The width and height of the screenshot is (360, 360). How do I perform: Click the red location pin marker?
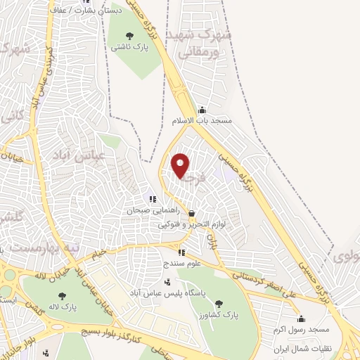click(x=181, y=165)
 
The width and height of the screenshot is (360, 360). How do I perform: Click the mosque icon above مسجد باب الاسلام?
click(x=202, y=110)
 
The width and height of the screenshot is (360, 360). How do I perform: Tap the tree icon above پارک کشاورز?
click(x=219, y=304)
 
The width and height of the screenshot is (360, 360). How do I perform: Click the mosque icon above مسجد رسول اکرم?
click(x=302, y=319)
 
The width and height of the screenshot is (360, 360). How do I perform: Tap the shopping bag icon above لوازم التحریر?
click(x=192, y=214)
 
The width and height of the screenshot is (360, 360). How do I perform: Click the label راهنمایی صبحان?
click(x=150, y=210)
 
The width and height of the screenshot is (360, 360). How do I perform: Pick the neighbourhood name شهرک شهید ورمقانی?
click(x=204, y=42)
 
